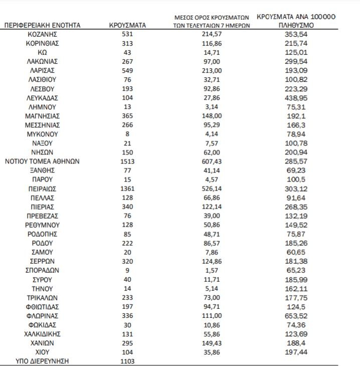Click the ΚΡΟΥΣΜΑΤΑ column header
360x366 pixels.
click(127, 25)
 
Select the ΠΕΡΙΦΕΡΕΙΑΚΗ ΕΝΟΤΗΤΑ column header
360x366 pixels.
click(42, 25)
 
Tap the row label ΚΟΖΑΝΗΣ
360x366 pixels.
click(43, 34)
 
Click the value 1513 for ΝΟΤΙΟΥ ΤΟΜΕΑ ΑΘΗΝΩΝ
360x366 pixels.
click(127, 161)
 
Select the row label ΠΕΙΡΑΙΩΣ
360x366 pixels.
click(43, 189)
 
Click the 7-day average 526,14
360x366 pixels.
click(211, 189)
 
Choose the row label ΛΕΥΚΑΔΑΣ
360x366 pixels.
click(43, 98)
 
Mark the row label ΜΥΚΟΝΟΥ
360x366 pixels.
click(43, 134)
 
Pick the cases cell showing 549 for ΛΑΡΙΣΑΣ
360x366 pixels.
click(127, 70)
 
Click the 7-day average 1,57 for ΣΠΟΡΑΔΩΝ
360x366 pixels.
click(211, 270)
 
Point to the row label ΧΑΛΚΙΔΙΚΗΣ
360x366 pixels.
click(43, 334)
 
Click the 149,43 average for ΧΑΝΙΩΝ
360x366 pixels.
click(211, 343)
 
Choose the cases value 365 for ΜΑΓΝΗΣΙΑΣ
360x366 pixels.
click(127, 116)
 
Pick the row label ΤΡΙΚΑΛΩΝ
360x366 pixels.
click(43, 297)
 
